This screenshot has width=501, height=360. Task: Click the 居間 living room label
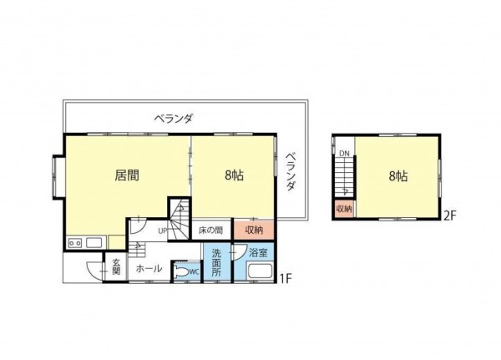pos(127,176)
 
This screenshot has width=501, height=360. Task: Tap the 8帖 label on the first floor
pos(234,176)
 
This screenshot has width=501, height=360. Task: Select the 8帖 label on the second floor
pos(397,176)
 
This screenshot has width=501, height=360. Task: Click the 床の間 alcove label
pos(210,230)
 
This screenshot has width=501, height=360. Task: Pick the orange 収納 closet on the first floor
pos(254,230)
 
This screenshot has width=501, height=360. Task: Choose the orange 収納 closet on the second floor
pos(344,208)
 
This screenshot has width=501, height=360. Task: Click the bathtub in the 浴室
pos(260,272)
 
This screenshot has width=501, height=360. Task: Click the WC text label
pos(194,271)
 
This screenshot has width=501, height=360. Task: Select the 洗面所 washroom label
pos(215,262)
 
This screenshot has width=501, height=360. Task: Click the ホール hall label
pos(149,269)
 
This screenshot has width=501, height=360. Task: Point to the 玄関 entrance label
pos(116,267)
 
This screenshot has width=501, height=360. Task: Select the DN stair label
pos(343,153)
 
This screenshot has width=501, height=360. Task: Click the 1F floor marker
pos(285,278)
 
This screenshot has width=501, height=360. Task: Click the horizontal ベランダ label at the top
pos(173,119)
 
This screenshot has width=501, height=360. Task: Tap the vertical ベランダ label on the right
pos(291,172)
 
